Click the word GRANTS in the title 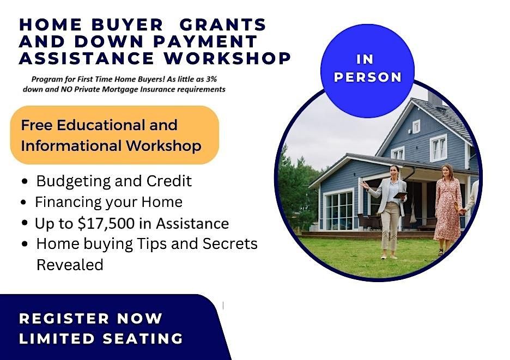223,25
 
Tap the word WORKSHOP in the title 227,58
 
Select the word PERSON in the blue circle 368,77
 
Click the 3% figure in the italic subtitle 211,79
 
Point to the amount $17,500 106,223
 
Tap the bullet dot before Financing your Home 23,202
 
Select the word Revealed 70,265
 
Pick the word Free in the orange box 37,125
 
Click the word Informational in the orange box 71,145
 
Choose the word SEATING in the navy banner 143,339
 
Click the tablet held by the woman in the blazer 400,195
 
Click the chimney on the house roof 435,99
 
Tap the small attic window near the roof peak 416,126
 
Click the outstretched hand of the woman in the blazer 363,185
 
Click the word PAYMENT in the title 205,41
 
